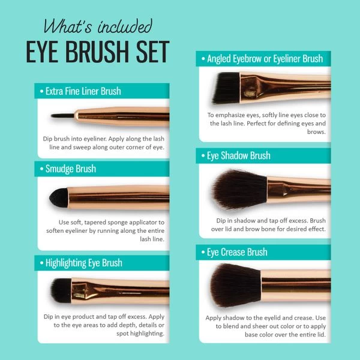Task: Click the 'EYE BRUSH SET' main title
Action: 98,52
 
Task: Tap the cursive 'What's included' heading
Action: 98,26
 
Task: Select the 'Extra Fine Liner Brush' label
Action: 83,91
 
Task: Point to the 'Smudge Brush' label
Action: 71,169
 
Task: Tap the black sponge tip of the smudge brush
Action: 59,197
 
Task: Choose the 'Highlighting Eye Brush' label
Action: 84,263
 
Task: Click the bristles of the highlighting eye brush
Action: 61,291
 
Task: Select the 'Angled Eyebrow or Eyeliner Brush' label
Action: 265,59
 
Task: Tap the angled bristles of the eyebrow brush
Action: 226,88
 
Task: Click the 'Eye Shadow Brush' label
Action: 239,155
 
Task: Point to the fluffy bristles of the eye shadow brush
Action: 239,190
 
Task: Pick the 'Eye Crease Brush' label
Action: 237,252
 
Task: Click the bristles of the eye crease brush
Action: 236,285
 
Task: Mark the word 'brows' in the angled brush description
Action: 316,132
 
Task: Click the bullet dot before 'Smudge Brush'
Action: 41,169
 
